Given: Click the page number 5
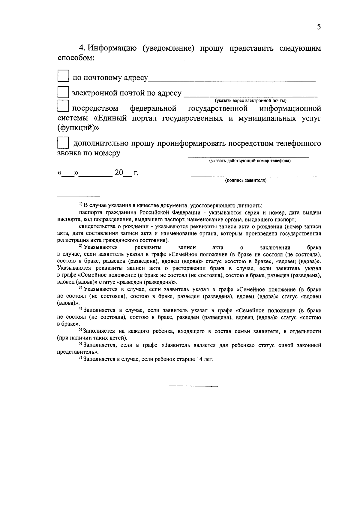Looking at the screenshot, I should pos(319,27).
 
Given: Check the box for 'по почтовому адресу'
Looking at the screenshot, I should pos(63,76).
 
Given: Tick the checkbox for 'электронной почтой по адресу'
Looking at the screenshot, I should pos(63,92).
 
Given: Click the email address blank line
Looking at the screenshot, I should pos(250,96).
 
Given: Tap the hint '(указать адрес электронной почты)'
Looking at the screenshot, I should pos(250,100).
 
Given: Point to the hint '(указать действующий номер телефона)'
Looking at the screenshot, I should pos(250,161).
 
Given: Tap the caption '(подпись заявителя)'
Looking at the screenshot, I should pos(246,181).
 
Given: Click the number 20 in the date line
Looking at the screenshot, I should pos(119,173).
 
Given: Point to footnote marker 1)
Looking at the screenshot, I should pos(81,205).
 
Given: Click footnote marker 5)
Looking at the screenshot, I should pos(80,330).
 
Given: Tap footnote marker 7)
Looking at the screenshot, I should pos(80,358).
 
